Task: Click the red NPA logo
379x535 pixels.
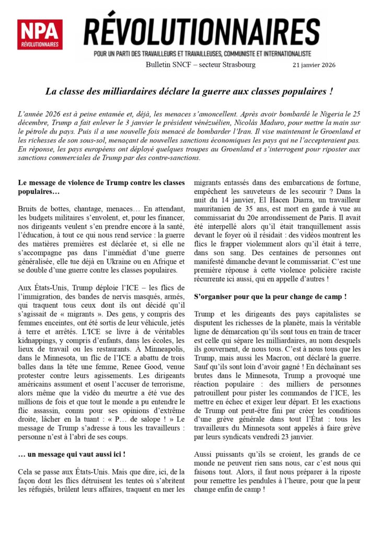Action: click(x=40, y=34)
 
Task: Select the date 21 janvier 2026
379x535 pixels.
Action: click(x=314, y=65)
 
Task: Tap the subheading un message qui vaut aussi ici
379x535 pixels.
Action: click(x=72, y=455)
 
